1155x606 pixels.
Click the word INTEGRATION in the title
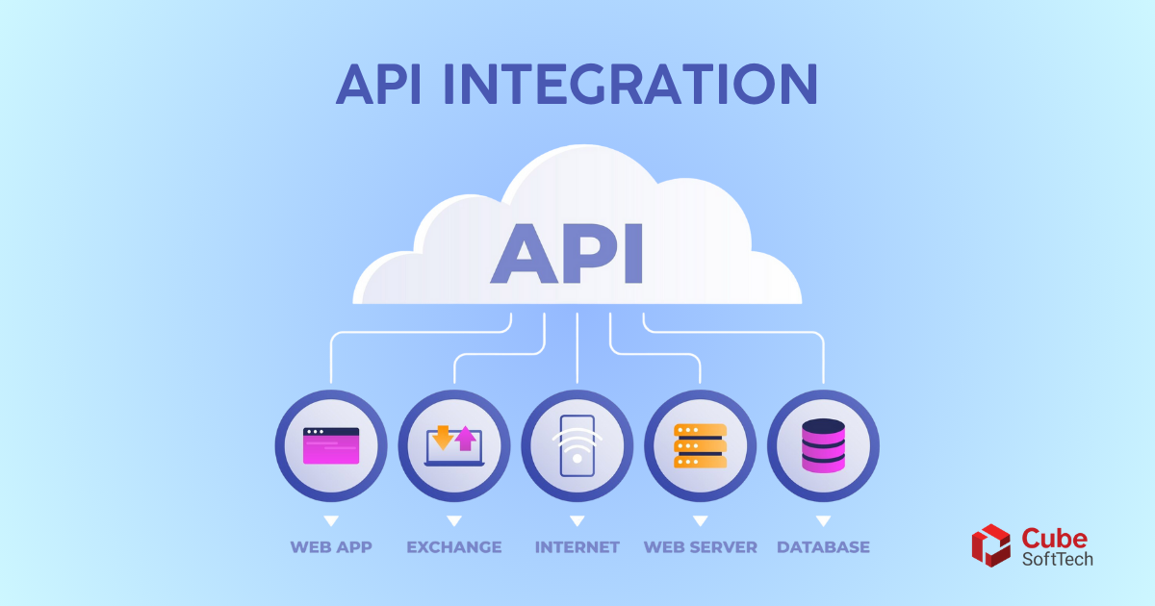pyautogui.click(x=630, y=84)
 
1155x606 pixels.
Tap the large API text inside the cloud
pyautogui.click(x=567, y=254)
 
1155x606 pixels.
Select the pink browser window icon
pyautogui.click(x=331, y=445)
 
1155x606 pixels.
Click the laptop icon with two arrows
pyautogui.click(x=454, y=446)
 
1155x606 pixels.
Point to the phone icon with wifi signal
pyautogui.click(x=577, y=445)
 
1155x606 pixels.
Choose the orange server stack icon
pyautogui.click(x=701, y=445)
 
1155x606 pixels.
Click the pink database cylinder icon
pyautogui.click(x=824, y=445)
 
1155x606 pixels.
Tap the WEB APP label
pyautogui.click(x=331, y=546)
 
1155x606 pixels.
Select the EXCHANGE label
pyautogui.click(x=454, y=546)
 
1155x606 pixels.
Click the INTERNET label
pyautogui.click(x=577, y=546)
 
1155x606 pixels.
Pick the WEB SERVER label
pyautogui.click(x=701, y=546)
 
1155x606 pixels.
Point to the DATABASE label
pyautogui.click(x=824, y=546)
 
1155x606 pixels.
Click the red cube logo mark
pyautogui.click(x=991, y=545)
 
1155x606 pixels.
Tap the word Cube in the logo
pyautogui.click(x=1055, y=539)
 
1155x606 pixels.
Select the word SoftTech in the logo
pyautogui.click(x=1058, y=559)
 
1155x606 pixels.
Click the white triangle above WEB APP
pyautogui.click(x=331, y=520)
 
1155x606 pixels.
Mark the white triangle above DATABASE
pyautogui.click(x=824, y=520)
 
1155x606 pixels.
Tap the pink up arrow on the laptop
pyautogui.click(x=466, y=439)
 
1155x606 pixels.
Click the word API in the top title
pyautogui.click(x=379, y=84)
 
